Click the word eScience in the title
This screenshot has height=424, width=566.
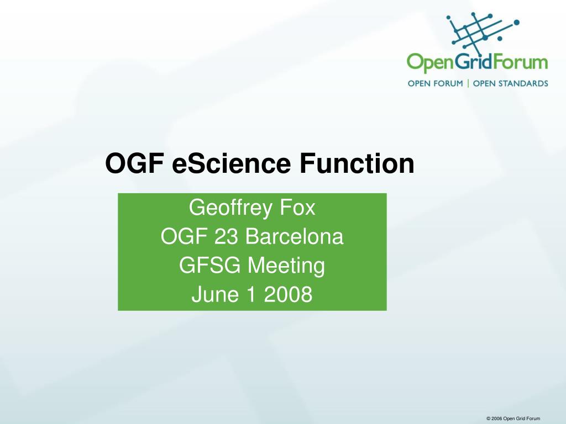[x=232, y=163]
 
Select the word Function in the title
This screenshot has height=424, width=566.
[x=357, y=163]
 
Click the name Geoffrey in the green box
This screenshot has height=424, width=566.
[x=230, y=209]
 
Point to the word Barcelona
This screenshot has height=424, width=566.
[x=294, y=237]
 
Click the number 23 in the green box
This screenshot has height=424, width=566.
[x=226, y=237]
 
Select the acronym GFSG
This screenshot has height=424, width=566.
[x=209, y=266]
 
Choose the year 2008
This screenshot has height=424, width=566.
[x=288, y=294]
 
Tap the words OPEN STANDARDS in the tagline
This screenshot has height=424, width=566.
[x=510, y=84]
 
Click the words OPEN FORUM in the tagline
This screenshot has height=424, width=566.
[x=436, y=84]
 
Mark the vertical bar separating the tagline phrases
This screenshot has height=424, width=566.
[x=468, y=84]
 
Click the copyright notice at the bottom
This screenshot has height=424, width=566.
[x=513, y=418]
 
